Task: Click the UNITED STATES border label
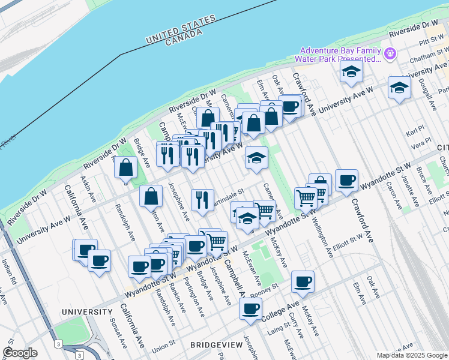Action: (x=181, y=29)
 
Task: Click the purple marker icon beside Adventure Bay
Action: (x=390, y=54)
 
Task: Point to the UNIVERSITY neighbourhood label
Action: (x=87, y=313)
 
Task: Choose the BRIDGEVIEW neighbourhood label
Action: (x=216, y=345)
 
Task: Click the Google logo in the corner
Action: (x=20, y=353)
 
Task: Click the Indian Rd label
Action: (x=7, y=272)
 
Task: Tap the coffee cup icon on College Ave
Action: (x=250, y=309)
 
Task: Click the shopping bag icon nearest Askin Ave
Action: (x=125, y=167)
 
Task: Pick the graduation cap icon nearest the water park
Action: (x=351, y=72)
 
